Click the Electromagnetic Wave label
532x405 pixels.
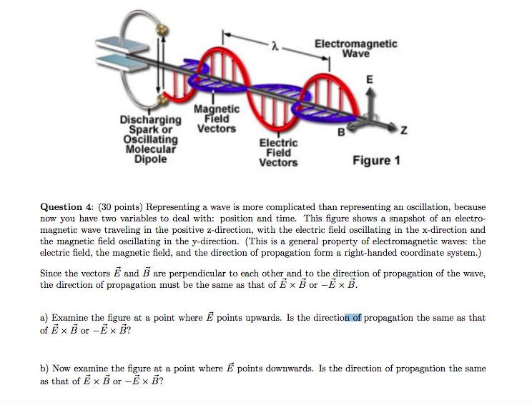[x=355, y=49]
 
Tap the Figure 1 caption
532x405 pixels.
[x=376, y=160]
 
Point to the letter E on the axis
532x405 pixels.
[x=370, y=80]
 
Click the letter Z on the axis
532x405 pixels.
[x=404, y=131]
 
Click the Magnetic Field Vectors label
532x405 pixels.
[x=215, y=119]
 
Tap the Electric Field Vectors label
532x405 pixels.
[x=278, y=152]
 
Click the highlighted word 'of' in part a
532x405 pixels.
[x=354, y=318]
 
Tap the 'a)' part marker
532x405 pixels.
[x=44, y=318]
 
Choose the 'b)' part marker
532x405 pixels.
[x=44, y=369]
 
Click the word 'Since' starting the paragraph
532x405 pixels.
[x=51, y=274]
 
